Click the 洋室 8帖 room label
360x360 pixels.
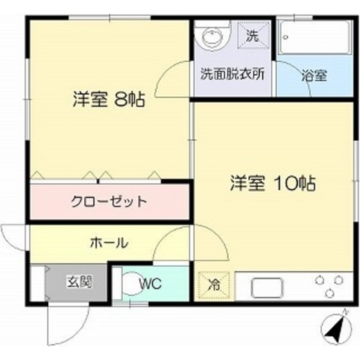(108, 100)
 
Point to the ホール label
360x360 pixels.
(108, 243)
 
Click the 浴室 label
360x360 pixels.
(314, 75)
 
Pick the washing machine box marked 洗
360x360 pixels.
(253, 35)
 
